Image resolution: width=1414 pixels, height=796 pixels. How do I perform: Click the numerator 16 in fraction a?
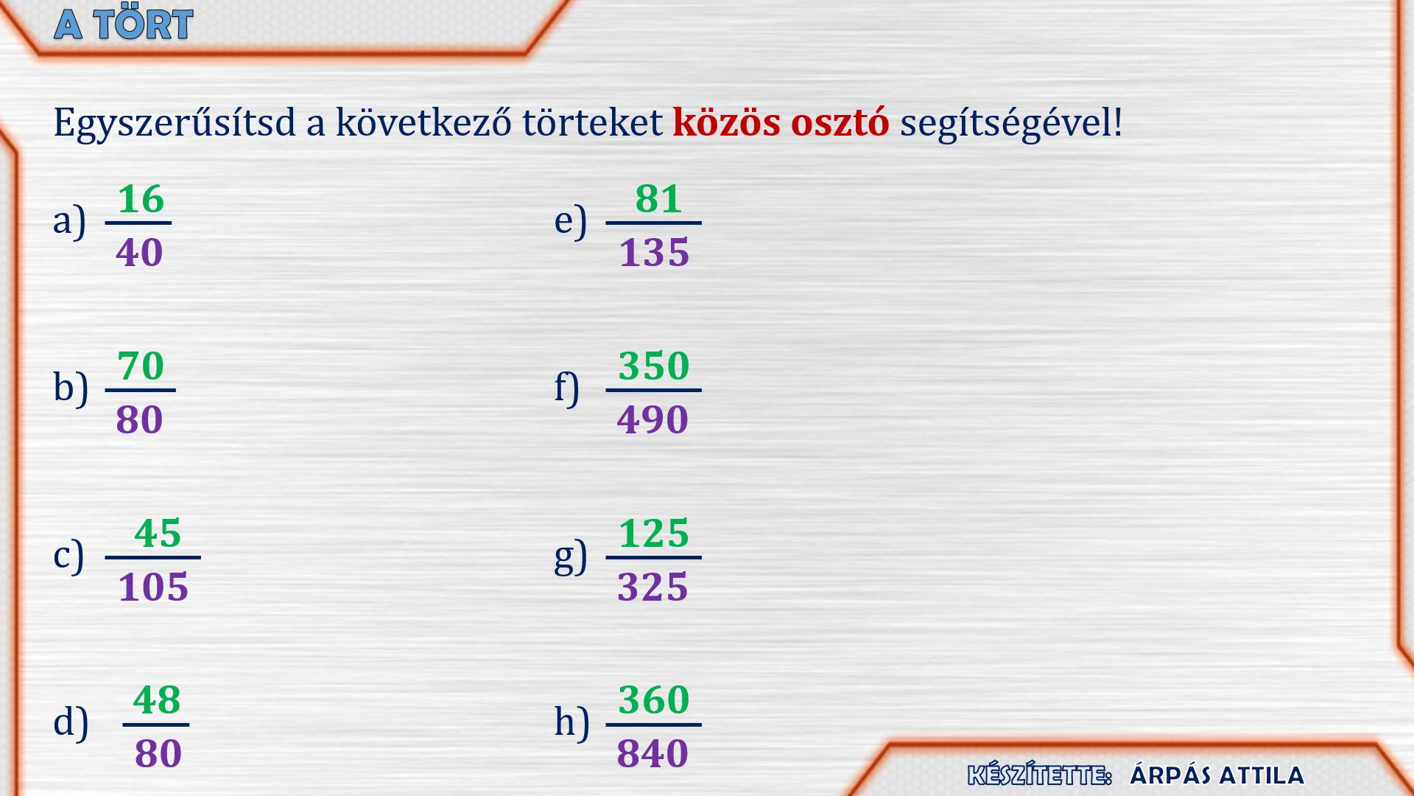pyautogui.click(x=141, y=199)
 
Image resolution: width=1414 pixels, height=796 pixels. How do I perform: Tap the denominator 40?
pyautogui.click(x=139, y=253)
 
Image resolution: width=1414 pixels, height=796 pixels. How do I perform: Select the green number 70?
pyautogui.click(x=141, y=366)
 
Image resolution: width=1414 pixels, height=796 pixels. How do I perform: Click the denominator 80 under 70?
pyautogui.click(x=139, y=420)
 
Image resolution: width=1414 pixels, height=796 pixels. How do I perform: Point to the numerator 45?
pyautogui.click(x=158, y=534)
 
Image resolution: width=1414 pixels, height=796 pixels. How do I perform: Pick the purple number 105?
pyautogui.click(x=153, y=587)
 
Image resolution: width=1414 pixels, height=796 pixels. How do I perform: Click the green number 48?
pyautogui.click(x=157, y=700)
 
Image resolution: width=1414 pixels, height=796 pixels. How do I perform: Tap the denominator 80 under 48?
pyautogui.click(x=158, y=754)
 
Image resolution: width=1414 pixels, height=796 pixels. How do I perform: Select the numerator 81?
pyautogui.click(x=658, y=199)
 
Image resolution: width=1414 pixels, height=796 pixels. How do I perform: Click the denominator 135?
pyautogui.click(x=654, y=253)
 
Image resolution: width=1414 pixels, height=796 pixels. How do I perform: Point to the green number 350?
pyautogui.click(x=654, y=366)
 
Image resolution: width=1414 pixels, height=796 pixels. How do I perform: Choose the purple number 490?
pyautogui.click(x=653, y=420)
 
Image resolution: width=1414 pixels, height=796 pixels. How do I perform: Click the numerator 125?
pyautogui.click(x=654, y=534)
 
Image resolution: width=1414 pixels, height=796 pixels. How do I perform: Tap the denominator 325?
pyautogui.click(x=653, y=587)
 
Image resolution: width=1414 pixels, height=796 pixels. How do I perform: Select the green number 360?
pyautogui.click(x=654, y=700)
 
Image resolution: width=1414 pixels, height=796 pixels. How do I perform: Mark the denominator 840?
pyautogui.click(x=653, y=754)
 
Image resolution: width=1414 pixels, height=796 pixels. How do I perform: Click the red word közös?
pyautogui.click(x=726, y=122)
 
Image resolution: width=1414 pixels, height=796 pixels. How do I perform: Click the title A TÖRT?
pyautogui.click(x=124, y=24)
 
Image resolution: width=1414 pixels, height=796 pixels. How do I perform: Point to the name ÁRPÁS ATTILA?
pyautogui.click(x=1217, y=775)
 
